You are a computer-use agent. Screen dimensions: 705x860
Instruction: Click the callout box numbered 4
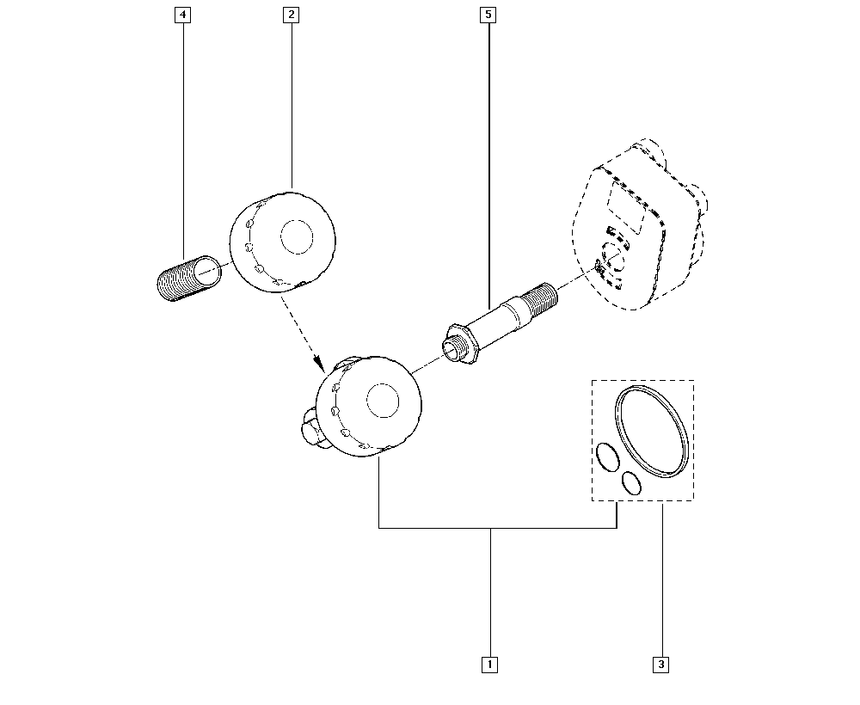(182, 15)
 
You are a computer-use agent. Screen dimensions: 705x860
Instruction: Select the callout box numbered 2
(292, 15)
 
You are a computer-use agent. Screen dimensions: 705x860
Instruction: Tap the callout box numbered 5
(488, 15)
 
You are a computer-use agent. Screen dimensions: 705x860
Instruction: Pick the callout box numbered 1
(489, 664)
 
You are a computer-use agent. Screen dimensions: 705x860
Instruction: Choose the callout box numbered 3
(660, 664)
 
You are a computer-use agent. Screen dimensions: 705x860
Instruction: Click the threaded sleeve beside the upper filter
(184, 279)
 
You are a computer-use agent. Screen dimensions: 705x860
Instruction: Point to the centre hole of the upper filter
(298, 236)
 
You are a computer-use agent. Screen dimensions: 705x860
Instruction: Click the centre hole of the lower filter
(383, 400)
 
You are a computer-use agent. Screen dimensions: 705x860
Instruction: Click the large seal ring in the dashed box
(654, 432)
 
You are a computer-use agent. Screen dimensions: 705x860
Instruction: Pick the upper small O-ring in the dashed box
(606, 456)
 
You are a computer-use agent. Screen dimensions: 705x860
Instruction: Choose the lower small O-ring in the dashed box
(631, 483)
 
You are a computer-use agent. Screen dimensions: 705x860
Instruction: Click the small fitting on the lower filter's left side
(310, 427)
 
